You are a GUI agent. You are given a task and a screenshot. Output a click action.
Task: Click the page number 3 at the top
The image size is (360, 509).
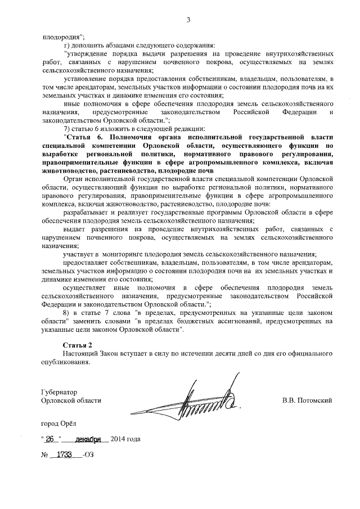[x=189, y=21]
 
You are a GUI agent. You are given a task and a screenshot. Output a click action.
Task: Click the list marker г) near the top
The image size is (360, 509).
[x=66, y=45]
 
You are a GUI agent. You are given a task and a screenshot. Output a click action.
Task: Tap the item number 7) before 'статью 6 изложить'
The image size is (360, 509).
[x=67, y=128]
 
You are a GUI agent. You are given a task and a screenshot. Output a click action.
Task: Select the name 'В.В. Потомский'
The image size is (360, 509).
[x=308, y=400]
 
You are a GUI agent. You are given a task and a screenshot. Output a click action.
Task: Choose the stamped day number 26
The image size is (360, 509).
[x=52, y=439]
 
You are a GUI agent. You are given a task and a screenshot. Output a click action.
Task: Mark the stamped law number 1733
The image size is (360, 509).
[x=66, y=454]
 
